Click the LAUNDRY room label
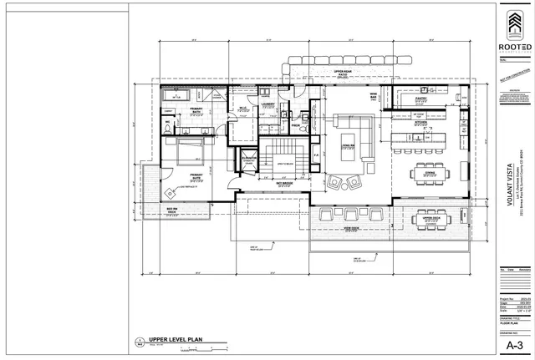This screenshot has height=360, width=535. (268, 104)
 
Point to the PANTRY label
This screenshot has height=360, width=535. (421, 99)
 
